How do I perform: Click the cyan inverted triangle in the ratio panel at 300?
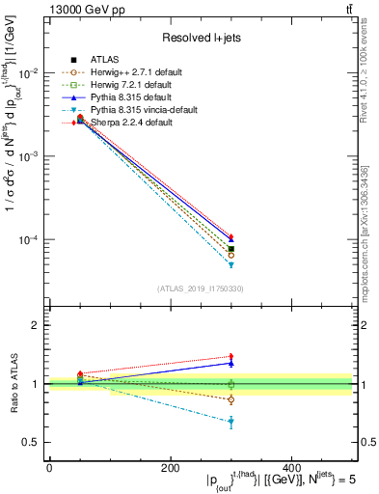230,422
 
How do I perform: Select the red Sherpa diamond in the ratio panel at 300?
230,357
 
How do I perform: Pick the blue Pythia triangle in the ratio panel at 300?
230,364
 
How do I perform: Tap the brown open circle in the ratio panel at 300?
230,398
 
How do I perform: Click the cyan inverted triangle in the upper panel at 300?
230,264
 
